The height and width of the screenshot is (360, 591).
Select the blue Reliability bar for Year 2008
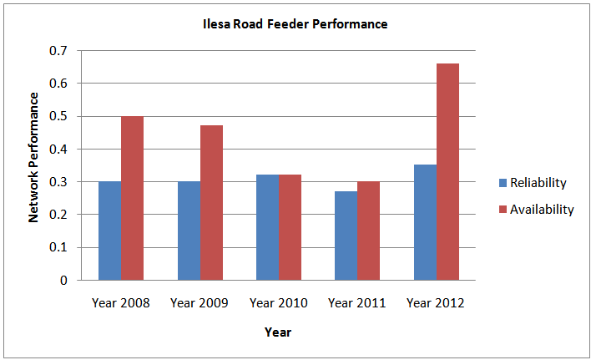109,231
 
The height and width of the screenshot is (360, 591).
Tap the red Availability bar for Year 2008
132,198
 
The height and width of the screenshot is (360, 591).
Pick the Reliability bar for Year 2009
189,231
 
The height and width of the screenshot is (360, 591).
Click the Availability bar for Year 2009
211,203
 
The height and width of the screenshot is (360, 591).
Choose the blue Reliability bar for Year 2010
267,227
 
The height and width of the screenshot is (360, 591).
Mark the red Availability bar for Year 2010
290,227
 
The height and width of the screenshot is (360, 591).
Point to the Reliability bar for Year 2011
346,236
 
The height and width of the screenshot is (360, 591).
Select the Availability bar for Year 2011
368,231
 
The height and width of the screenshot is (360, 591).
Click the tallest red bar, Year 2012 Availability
447,172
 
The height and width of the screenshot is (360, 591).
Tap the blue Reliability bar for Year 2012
425,222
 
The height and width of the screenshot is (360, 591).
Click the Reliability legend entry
537,183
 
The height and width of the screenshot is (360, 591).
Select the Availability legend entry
537,210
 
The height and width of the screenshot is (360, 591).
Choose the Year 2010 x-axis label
278,302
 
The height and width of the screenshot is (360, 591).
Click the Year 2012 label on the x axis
436,302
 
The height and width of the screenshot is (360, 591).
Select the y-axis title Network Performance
34,157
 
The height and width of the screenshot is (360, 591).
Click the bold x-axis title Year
277,332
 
